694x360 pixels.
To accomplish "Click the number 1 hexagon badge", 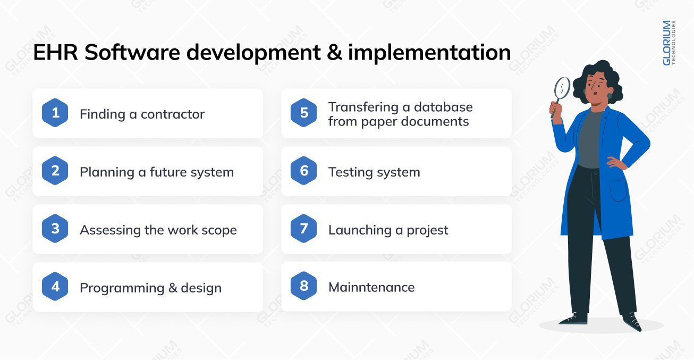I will point(55,113).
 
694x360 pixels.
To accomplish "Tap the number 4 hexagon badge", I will point(55,287).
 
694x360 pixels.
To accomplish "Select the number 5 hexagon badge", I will point(304,113).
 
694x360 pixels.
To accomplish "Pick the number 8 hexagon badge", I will point(304,287).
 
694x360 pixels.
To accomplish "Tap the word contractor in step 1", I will point(173,114).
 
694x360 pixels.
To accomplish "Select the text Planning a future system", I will point(157,172).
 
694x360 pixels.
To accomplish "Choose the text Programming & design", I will point(150,288).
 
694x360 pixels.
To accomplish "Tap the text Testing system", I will point(374,172).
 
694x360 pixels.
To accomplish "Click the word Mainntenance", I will point(371,287).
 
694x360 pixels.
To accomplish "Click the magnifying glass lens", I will point(562,87).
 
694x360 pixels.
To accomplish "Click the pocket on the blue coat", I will point(618,190).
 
